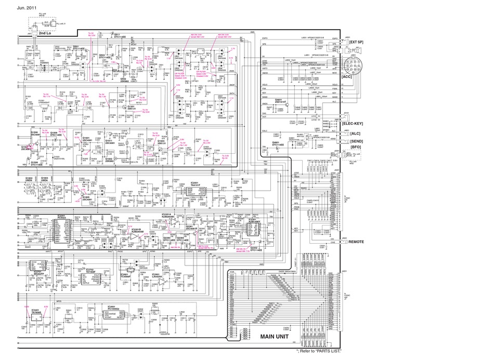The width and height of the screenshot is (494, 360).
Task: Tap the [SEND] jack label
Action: (x=357, y=142)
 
